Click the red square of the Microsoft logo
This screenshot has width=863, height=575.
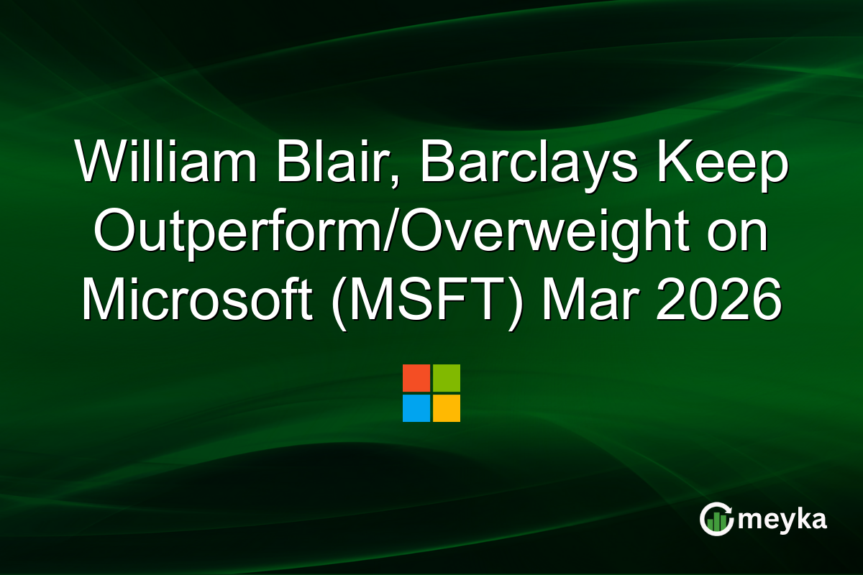coord(416,378)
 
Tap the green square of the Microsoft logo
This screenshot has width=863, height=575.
coord(447,378)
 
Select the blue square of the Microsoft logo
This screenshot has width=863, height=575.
coord(416,408)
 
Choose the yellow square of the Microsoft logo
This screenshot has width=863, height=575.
coord(447,408)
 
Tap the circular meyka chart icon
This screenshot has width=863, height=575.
coord(717,519)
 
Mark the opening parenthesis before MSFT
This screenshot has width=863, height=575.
coord(340,301)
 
